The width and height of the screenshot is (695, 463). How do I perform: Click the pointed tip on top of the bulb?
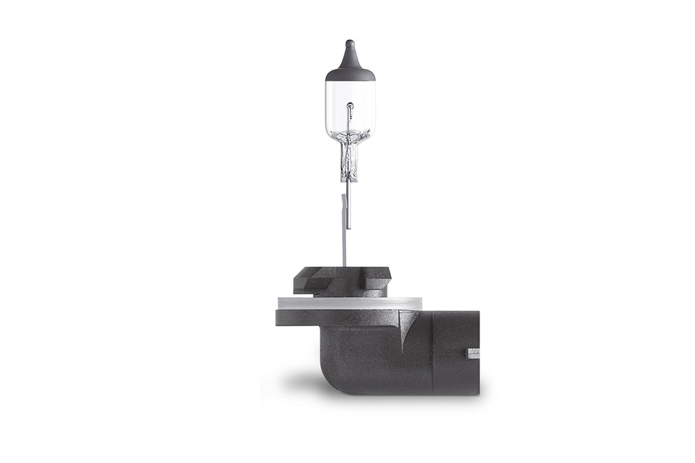tap(350, 44)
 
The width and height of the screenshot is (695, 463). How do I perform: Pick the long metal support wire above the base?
tap(345, 231)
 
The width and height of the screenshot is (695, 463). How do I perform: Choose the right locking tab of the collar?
tap(379, 279)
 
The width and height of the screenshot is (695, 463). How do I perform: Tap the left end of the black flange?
tap(280, 317)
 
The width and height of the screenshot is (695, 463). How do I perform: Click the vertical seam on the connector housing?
tap(432, 353)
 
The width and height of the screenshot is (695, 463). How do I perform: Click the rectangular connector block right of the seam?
tap(455, 353)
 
